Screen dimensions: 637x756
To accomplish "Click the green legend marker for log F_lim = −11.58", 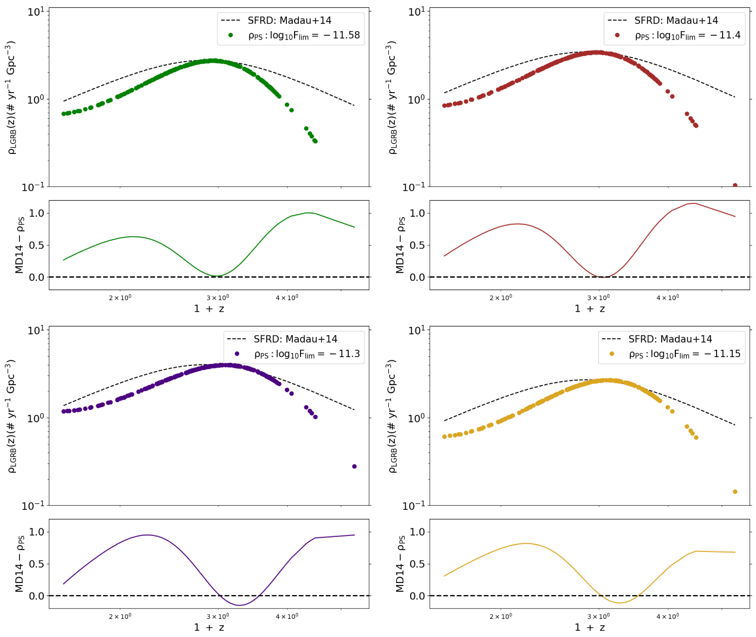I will coord(230,35).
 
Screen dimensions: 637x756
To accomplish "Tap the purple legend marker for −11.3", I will coord(237,354).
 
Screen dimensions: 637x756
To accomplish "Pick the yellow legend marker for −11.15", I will coord(612,354).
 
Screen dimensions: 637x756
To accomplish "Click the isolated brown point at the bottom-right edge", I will coord(735,185).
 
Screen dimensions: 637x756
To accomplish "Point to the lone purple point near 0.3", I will coord(354,467).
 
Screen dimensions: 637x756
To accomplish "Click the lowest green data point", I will coord(315,141).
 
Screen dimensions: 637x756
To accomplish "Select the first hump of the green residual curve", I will coord(134,237).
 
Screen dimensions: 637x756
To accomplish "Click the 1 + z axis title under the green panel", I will coord(209,309).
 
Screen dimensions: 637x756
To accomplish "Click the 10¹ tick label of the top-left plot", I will coord(36,12).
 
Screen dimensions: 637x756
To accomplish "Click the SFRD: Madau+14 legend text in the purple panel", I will coord(295,339).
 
